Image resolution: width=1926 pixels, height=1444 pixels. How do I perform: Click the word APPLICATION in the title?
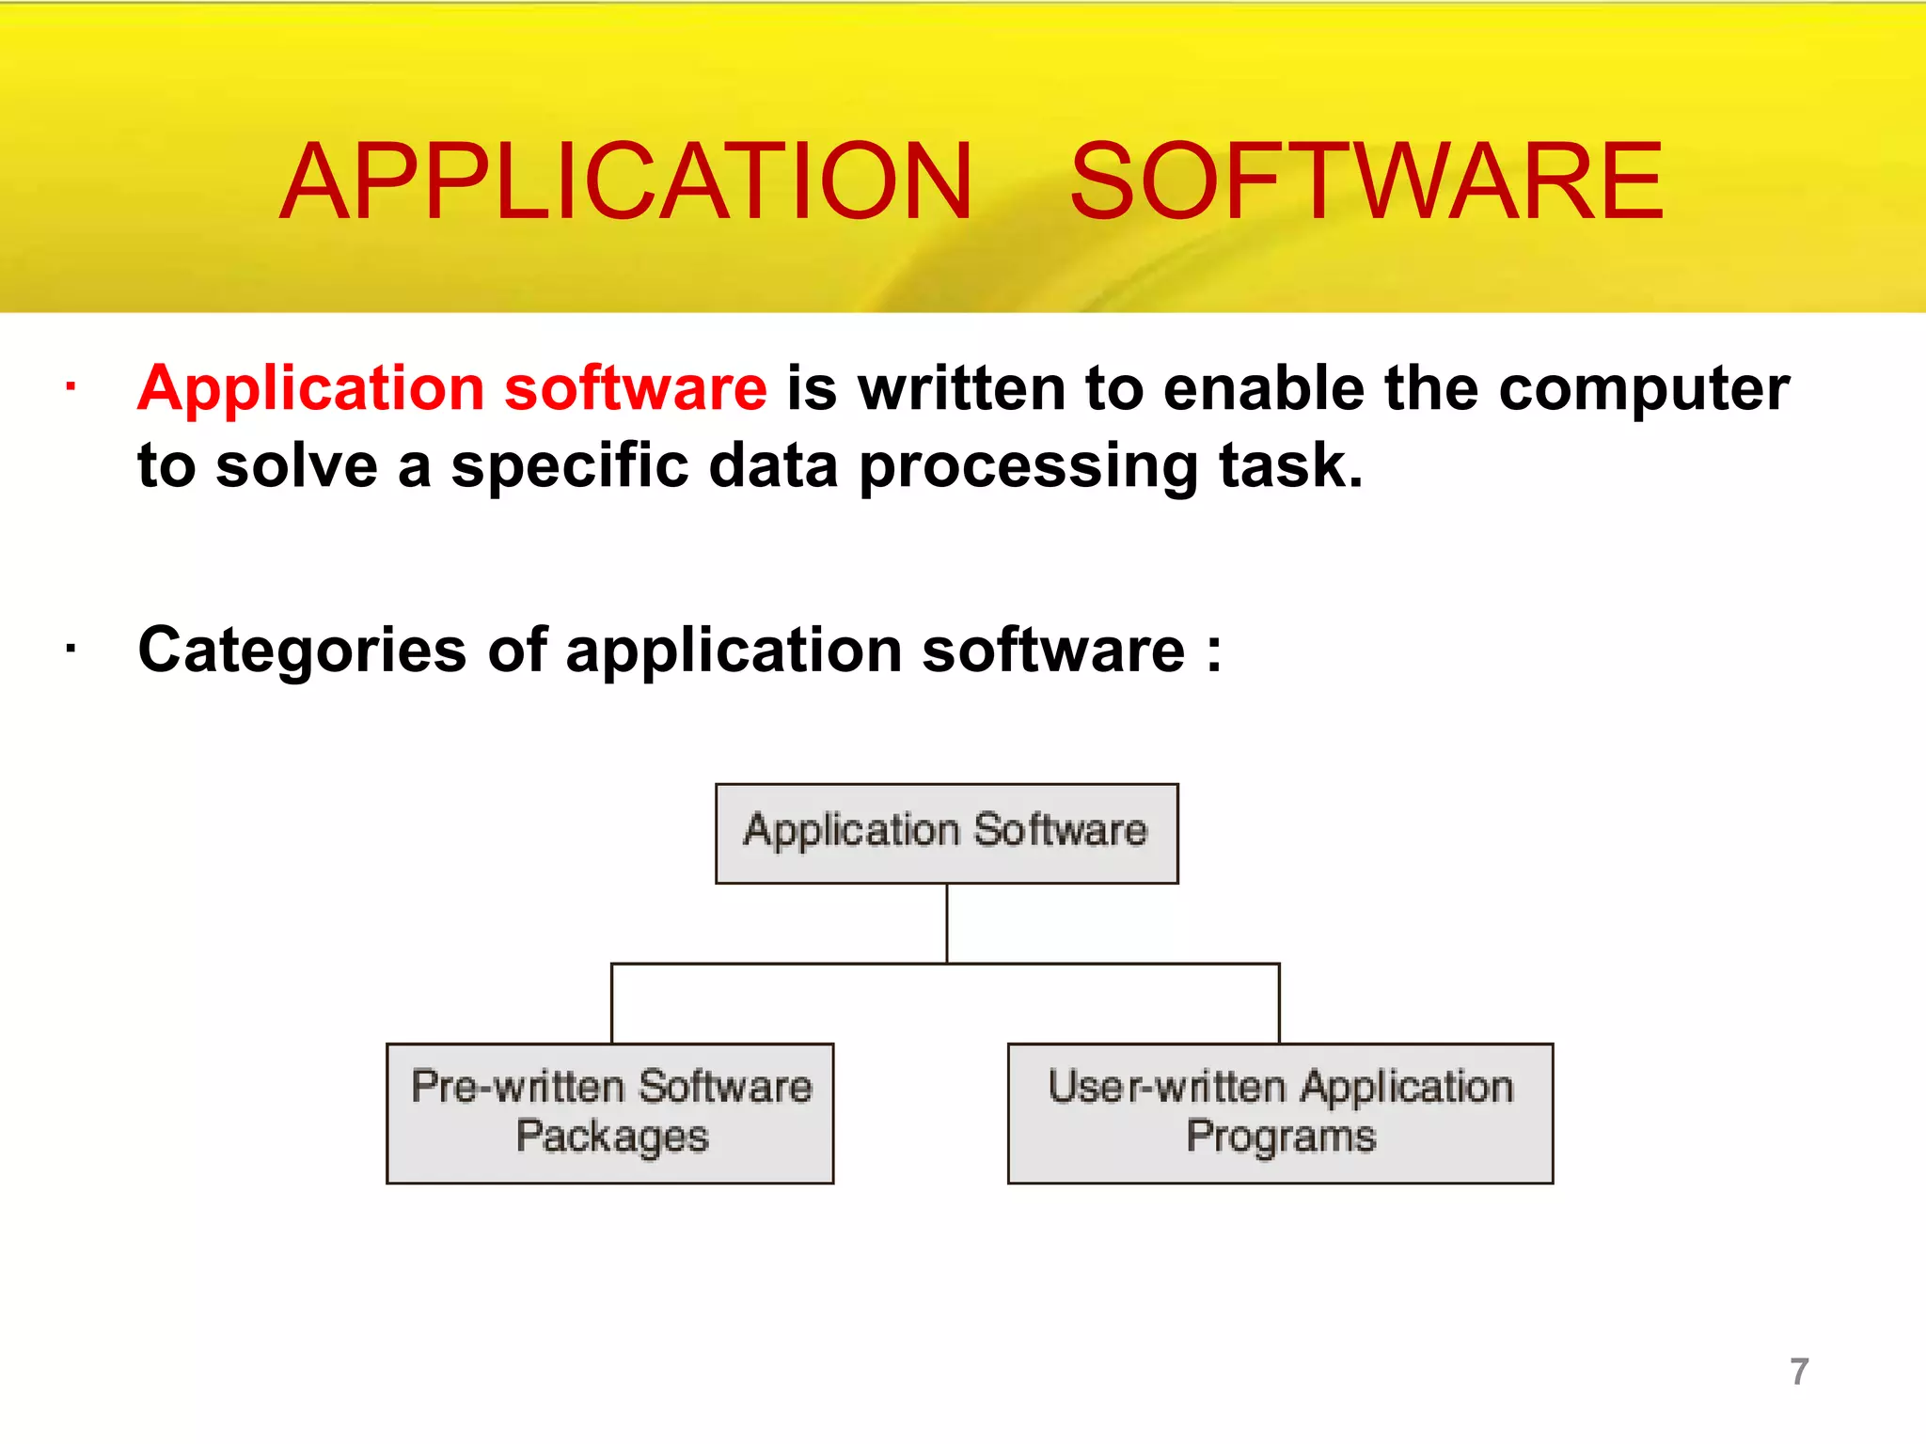coord(626,181)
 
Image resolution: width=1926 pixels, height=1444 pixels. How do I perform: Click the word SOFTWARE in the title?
coord(1366,181)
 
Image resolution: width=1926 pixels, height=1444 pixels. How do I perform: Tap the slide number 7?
coord(1798,1372)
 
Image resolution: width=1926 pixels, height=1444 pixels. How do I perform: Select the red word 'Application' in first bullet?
coord(311,389)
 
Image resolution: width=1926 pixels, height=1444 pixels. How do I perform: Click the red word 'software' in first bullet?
coord(636,389)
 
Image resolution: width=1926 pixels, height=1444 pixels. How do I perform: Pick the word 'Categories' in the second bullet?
coord(302,651)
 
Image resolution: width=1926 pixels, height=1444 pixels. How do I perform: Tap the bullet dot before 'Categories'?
coord(71,648)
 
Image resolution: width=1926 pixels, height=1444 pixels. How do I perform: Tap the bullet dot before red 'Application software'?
coord(71,385)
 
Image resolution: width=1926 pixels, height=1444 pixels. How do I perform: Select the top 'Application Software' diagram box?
coord(946,834)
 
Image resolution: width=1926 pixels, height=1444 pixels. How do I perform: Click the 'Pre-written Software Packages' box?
coord(609,1113)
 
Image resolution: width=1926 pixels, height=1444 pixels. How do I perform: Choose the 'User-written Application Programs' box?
coord(1279,1113)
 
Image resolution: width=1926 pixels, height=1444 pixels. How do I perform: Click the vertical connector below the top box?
coord(946,923)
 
